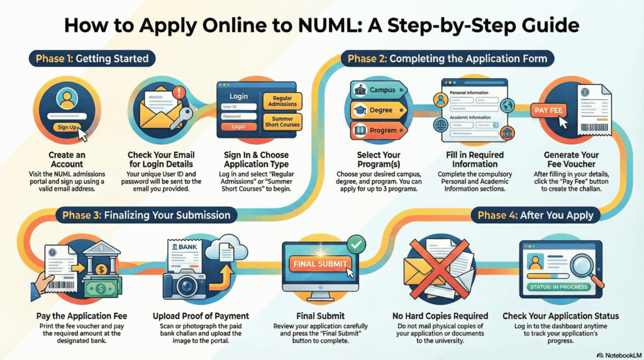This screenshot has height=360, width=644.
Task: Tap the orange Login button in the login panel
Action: click(x=239, y=127)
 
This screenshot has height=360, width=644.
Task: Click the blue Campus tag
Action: click(x=376, y=90)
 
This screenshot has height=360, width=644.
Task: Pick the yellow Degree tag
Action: click(x=376, y=110)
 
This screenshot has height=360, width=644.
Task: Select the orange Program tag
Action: click(x=376, y=130)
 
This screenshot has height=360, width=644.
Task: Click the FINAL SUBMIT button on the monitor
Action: click(x=321, y=264)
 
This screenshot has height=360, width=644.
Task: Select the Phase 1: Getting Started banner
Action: click(x=91, y=59)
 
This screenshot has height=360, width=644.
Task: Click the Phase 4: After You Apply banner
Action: click(x=535, y=215)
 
